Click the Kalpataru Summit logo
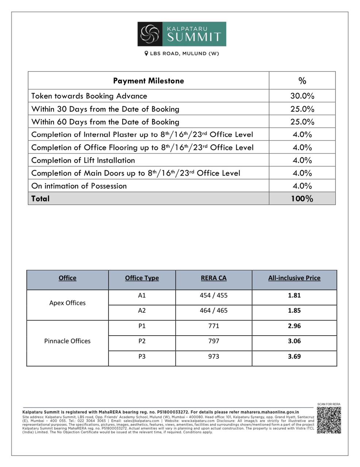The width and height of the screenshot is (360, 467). (x=181, y=34)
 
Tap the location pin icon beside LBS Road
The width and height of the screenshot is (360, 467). (x=146, y=54)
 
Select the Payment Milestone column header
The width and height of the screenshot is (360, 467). (x=148, y=81)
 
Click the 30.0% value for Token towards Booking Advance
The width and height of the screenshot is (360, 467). (x=302, y=96)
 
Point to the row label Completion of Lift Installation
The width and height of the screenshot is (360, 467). (x=83, y=160)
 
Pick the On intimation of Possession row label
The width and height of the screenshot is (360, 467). (x=79, y=186)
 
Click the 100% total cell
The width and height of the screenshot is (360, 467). (x=302, y=198)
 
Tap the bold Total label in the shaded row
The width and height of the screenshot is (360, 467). (x=40, y=198)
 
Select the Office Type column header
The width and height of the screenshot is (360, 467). (x=142, y=278)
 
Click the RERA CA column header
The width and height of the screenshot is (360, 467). (x=214, y=278)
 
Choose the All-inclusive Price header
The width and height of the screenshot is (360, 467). (x=294, y=278)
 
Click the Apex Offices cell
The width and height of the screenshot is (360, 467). (x=67, y=303)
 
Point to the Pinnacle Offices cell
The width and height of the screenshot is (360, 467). (x=67, y=341)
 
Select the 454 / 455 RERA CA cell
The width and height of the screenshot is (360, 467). (x=214, y=296)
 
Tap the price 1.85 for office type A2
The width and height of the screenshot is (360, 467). (x=294, y=311)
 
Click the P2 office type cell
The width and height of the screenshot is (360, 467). (x=142, y=341)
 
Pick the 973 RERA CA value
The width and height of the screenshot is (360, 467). (x=214, y=356)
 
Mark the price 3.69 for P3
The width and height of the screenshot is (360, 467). (x=294, y=356)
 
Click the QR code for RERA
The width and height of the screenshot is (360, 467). (x=329, y=420)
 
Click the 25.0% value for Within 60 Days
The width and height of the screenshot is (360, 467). (x=302, y=121)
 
